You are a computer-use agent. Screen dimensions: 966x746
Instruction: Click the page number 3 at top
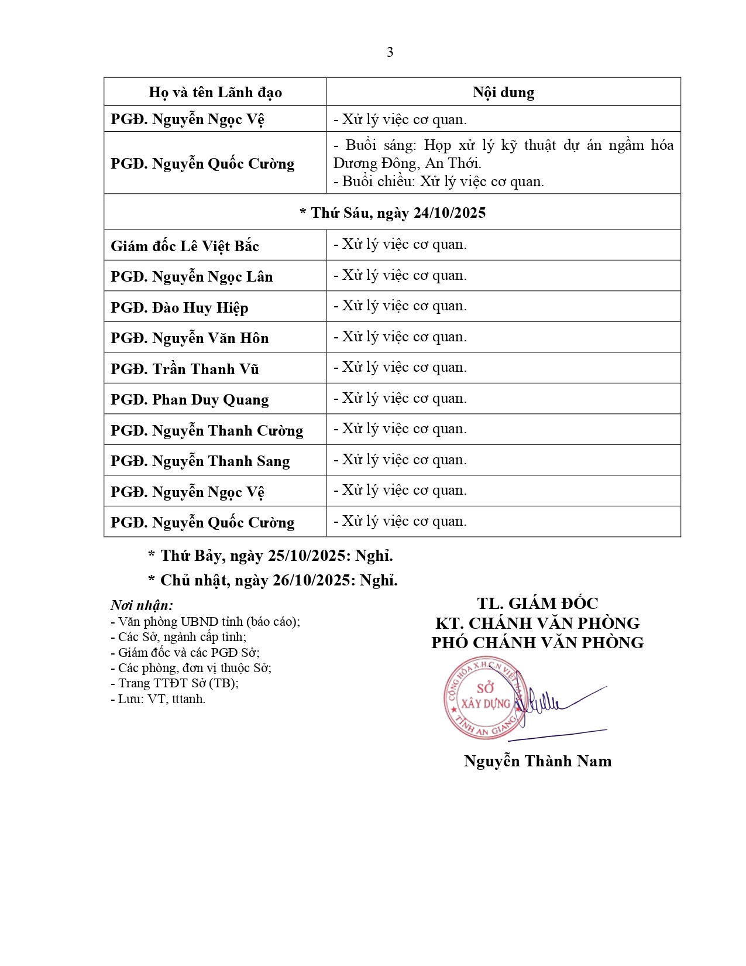click(x=390, y=53)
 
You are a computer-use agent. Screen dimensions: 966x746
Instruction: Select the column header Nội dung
click(x=503, y=93)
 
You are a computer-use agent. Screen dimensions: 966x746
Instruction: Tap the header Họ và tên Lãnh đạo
click(x=215, y=93)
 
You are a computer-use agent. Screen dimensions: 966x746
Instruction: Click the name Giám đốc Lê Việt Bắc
click(x=185, y=246)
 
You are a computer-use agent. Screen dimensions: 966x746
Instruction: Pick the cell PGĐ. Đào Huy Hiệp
click(x=180, y=307)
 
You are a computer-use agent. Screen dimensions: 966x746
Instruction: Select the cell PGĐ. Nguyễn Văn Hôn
click(x=190, y=338)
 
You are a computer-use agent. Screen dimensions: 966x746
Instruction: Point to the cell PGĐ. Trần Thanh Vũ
click(x=185, y=369)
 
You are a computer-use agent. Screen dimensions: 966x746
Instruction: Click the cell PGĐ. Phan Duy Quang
click(x=190, y=400)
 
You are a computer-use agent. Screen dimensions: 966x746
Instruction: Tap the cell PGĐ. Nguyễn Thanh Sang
click(x=200, y=461)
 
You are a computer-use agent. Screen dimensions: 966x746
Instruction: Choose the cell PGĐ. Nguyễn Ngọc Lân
click(x=192, y=277)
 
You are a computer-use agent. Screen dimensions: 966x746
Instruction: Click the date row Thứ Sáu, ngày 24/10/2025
click(x=393, y=213)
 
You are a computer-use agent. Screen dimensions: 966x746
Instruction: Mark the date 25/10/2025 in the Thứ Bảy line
click(x=307, y=556)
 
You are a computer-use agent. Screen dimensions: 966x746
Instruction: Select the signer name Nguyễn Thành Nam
click(x=537, y=761)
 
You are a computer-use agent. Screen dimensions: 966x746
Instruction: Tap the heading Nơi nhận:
click(x=142, y=605)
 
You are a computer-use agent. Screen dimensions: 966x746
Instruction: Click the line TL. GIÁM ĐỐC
click(x=537, y=604)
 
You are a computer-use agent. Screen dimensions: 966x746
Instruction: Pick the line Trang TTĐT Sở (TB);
click(x=174, y=683)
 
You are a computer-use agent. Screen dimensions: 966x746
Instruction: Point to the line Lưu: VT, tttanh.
click(x=158, y=699)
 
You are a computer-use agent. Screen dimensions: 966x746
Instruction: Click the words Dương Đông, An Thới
click(x=407, y=163)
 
